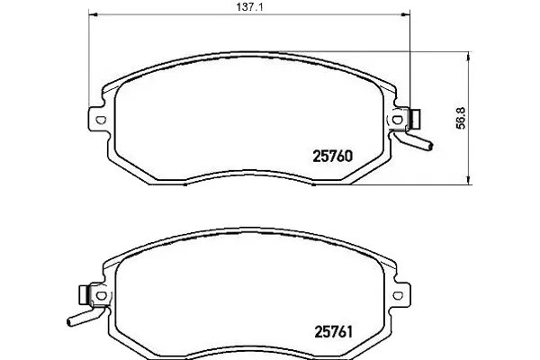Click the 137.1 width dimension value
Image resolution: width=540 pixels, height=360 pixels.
249,7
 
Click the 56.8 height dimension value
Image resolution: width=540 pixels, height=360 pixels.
461,118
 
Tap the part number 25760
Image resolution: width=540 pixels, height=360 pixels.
333,157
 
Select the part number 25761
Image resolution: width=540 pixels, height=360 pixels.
333,332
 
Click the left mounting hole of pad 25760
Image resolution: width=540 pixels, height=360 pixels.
101,121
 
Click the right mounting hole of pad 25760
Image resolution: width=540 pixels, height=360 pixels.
398,120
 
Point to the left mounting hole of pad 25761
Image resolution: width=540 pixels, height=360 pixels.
101,295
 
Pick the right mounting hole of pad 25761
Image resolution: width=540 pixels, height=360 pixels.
398,295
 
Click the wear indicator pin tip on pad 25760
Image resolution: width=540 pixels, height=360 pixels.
430,147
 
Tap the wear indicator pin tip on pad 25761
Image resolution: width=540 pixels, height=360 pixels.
69,322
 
